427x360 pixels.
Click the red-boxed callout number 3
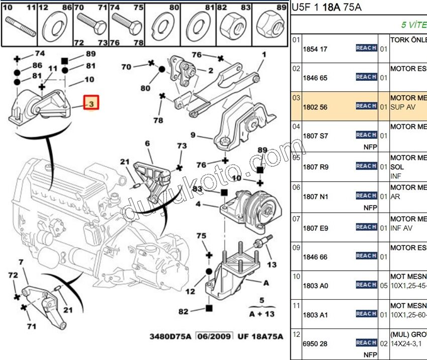coord(91,104)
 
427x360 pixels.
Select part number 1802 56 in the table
coord(315,107)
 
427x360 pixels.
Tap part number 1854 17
coord(315,49)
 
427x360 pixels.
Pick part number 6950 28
coord(315,343)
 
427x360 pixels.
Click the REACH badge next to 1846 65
coord(366,77)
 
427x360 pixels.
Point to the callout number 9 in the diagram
coord(193,135)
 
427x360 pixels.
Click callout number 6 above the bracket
coord(147,144)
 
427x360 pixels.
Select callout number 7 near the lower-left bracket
coord(21,262)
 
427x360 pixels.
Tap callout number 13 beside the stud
coord(271,264)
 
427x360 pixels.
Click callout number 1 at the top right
coord(264,55)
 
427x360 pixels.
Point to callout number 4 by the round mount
coord(198,204)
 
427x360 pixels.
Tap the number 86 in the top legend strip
coord(67,8)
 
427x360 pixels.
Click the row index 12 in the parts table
coord(296,334)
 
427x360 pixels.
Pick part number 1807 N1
coord(315,197)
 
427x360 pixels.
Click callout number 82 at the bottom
coord(183,311)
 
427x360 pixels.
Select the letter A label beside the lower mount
coord(265,283)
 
